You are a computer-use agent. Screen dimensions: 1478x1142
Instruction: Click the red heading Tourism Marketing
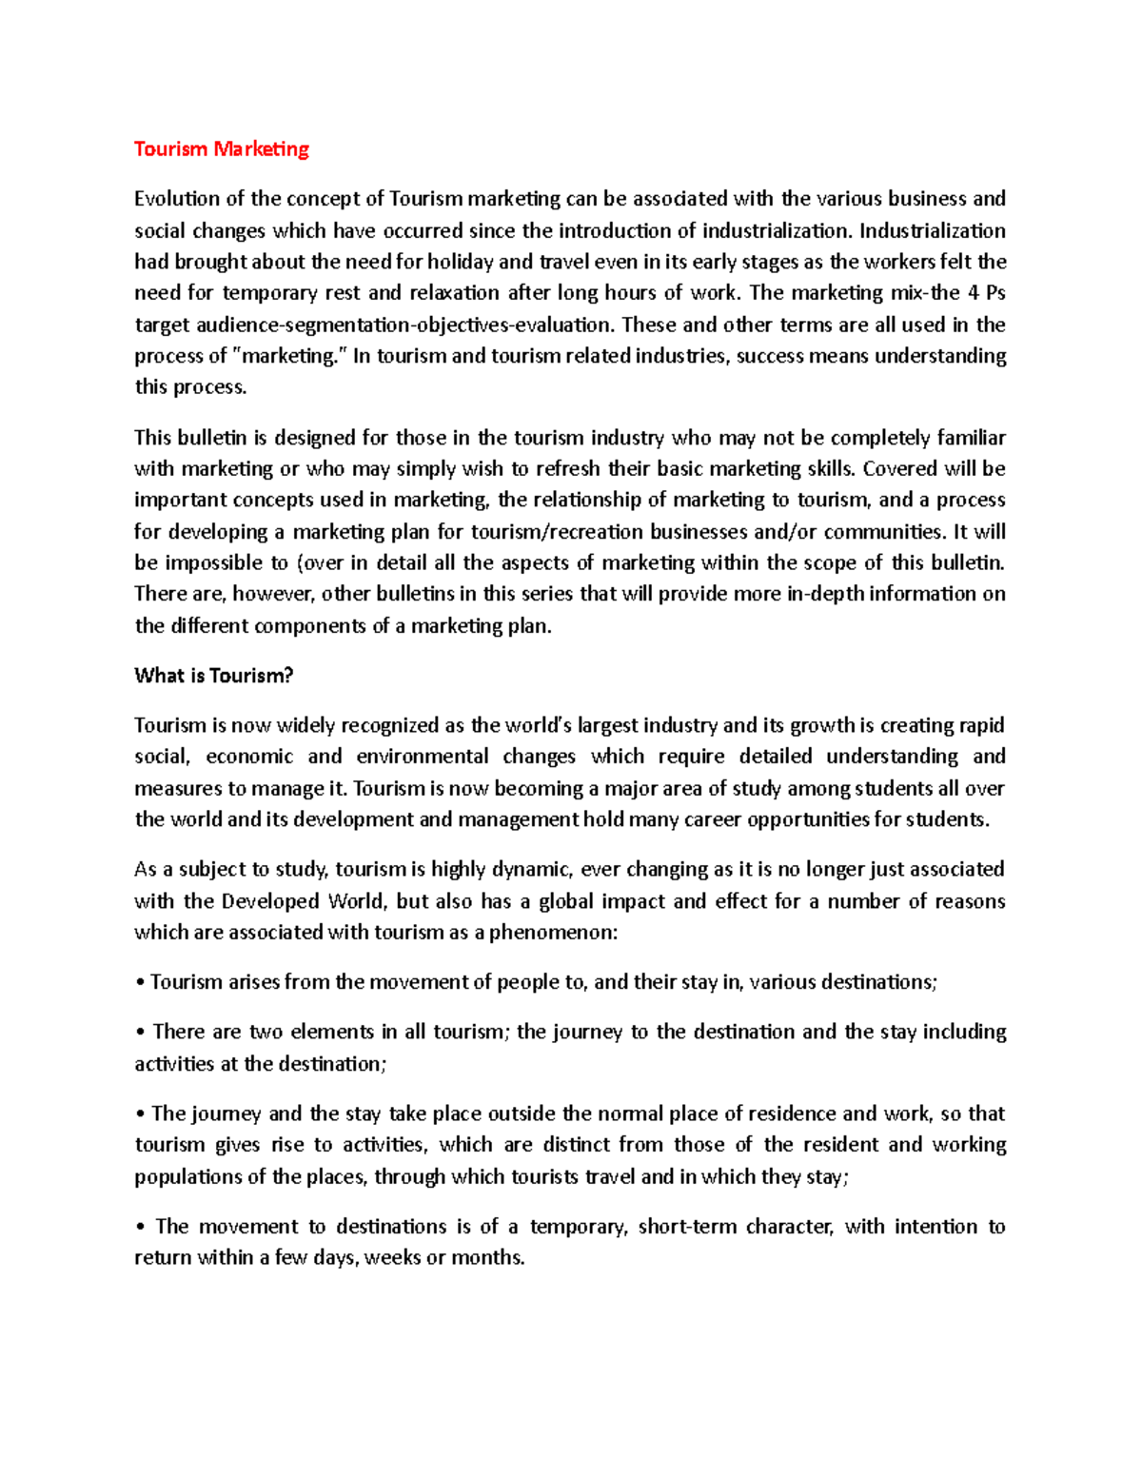pyautogui.click(x=222, y=148)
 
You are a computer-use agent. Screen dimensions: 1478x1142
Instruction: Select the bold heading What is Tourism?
pyautogui.click(x=213, y=676)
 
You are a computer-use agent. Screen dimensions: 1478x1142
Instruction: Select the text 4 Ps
pyautogui.click(x=987, y=293)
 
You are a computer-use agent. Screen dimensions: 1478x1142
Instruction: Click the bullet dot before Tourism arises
pyautogui.click(x=139, y=983)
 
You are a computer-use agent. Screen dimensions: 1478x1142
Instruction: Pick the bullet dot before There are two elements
pyautogui.click(x=139, y=1033)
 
